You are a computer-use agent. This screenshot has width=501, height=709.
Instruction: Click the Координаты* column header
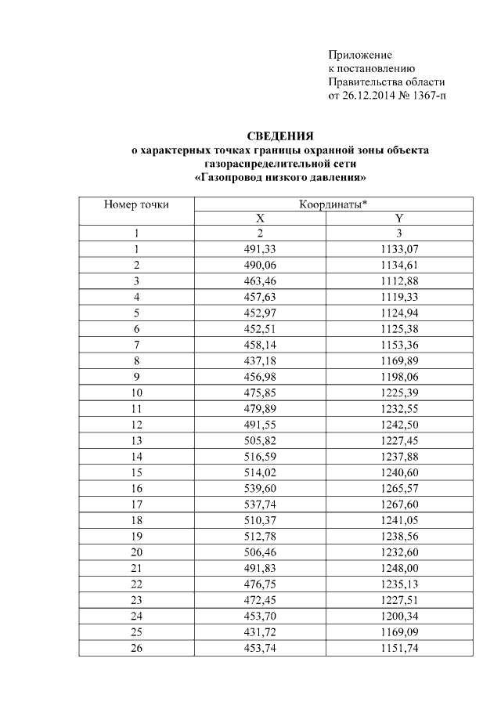click(x=333, y=204)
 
